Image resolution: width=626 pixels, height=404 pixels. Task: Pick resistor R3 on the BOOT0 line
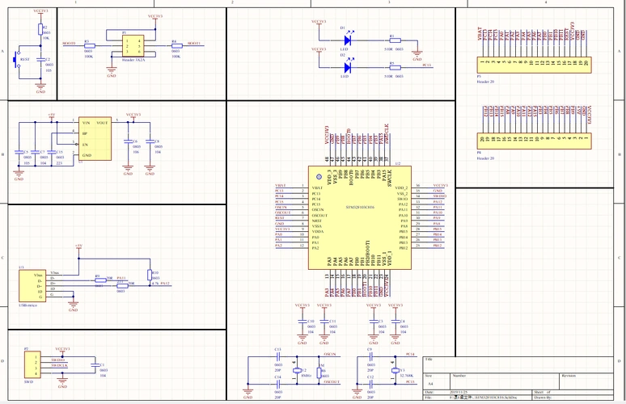[x=88, y=44]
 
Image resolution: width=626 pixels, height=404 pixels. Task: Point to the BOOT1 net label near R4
[x=194, y=43]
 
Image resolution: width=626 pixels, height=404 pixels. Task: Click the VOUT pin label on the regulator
[x=103, y=123]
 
